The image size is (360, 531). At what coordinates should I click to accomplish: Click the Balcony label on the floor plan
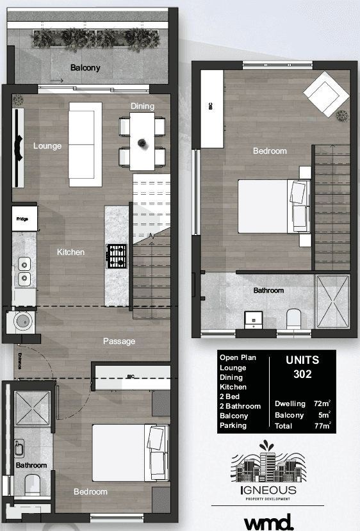tap(85, 68)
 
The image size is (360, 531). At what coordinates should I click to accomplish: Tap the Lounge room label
tap(47, 146)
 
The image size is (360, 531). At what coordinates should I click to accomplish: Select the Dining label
tap(142, 106)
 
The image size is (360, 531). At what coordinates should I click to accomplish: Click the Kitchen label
tap(70, 252)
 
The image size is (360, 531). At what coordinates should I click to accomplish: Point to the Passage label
tap(119, 341)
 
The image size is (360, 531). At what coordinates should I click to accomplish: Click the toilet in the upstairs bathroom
tap(295, 318)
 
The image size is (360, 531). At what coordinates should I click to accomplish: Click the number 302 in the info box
tap(302, 374)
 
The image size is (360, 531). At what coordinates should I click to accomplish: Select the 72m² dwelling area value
tap(321, 404)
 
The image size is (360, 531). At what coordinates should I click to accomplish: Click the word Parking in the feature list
tap(233, 425)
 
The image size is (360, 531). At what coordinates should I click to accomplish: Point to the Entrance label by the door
tap(20, 361)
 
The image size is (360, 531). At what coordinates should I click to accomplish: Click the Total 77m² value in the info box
tap(321, 425)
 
